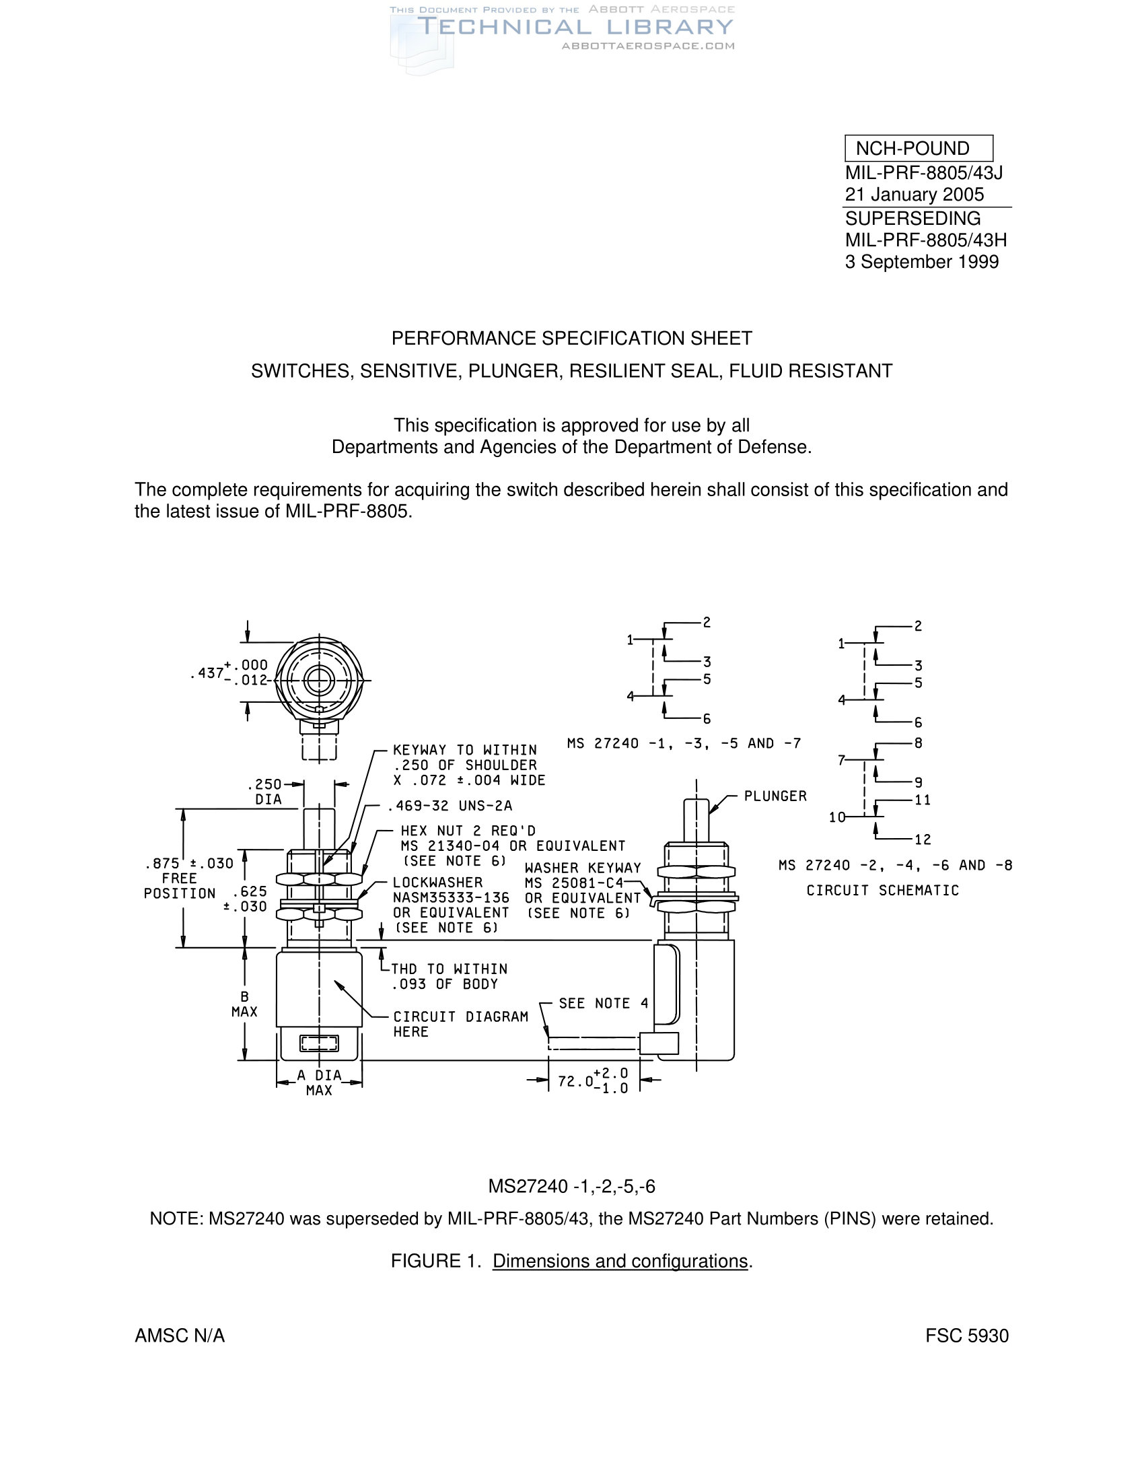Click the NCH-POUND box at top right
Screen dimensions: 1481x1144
[919, 149]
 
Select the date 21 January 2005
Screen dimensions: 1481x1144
[914, 195]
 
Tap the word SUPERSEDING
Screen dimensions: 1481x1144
[913, 218]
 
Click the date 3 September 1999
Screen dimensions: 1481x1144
[921, 262]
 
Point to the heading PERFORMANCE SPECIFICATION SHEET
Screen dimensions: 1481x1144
[571, 339]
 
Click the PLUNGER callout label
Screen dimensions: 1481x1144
[775, 796]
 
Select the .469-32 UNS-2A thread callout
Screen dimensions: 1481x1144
[450, 806]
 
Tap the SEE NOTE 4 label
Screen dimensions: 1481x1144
[603, 1004]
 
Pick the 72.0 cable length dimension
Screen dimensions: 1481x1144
[592, 1081]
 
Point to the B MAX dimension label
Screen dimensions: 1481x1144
[244, 1004]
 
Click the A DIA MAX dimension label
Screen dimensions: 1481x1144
[318, 1083]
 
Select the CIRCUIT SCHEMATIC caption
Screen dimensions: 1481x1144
[882, 891]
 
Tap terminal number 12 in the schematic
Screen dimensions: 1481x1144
[923, 839]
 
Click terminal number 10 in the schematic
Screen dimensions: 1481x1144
[837, 817]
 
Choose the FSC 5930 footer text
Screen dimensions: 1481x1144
[966, 1336]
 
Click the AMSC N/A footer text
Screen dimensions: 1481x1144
[180, 1336]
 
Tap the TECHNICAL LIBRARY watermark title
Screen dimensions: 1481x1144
[575, 27]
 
